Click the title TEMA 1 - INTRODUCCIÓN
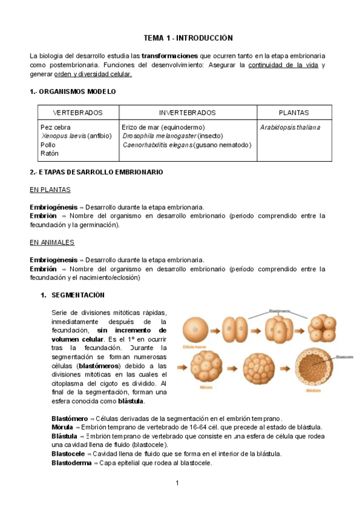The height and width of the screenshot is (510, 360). coord(179,37)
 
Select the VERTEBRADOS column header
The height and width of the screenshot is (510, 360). coord(78,112)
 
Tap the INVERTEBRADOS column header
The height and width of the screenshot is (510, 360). coord(187,112)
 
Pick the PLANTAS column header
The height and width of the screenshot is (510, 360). coord(294,112)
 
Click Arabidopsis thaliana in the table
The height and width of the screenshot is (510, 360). coord(290,127)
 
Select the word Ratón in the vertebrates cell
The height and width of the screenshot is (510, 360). coord(49,153)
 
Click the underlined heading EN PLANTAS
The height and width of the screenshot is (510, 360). coord(50,190)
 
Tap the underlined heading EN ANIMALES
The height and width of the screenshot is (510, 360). coord(52,242)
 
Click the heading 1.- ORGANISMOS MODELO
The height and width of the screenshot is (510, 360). coord(73,91)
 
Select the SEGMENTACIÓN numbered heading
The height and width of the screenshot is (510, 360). coord(78,295)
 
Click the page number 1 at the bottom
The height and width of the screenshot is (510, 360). coord(178,484)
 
